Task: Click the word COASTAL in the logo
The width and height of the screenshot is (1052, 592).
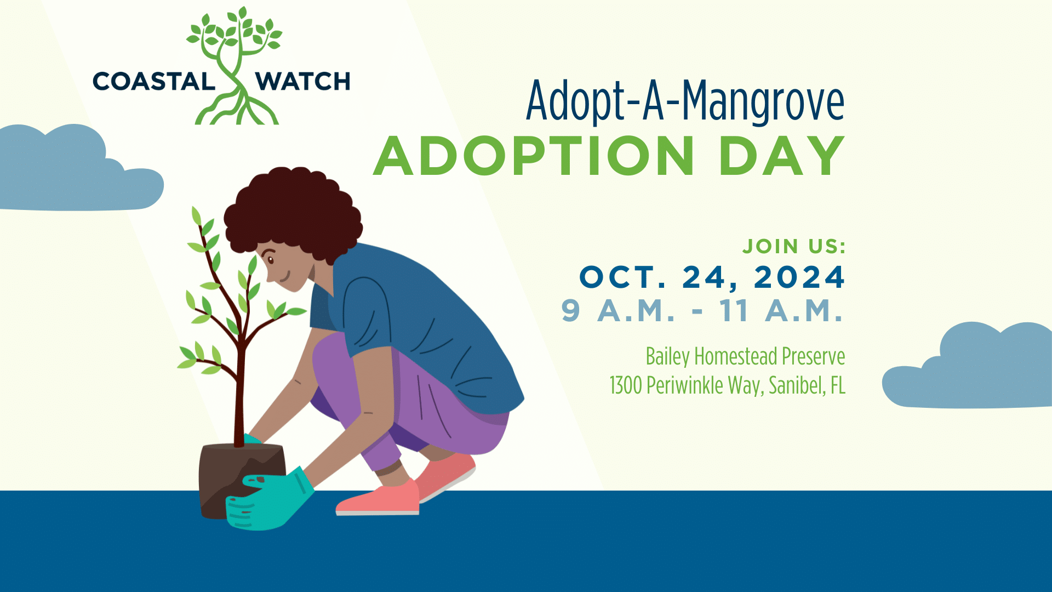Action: (154, 82)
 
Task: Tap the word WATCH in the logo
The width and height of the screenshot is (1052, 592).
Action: (303, 82)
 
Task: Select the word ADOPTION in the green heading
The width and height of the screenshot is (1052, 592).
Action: (534, 156)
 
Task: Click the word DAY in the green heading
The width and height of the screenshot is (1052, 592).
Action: (782, 156)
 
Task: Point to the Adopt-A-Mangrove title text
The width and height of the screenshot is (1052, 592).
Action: (685, 101)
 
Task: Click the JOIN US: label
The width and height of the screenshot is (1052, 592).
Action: (794, 247)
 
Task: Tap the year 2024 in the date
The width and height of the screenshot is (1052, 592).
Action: (799, 277)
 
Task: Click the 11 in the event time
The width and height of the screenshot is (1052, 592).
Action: (734, 311)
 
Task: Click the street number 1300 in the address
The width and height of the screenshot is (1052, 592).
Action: (626, 385)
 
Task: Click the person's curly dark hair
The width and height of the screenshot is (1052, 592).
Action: (294, 213)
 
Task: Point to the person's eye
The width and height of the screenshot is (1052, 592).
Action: (271, 260)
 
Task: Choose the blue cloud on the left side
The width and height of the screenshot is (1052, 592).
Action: (77, 168)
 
